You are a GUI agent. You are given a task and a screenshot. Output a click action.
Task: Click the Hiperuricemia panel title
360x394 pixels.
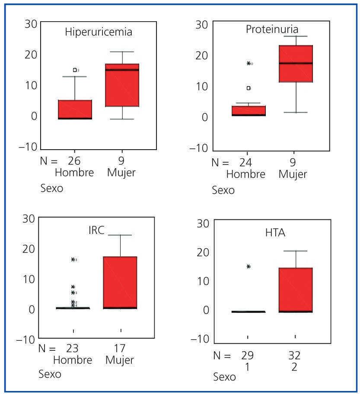(x=99, y=32)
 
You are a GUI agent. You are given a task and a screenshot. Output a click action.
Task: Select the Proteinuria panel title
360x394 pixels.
(x=272, y=29)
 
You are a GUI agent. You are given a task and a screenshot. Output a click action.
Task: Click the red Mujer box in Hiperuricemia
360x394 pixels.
(x=122, y=85)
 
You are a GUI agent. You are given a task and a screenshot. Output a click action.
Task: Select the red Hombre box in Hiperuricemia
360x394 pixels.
(x=75, y=109)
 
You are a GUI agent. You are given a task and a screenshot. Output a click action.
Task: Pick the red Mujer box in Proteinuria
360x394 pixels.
(x=296, y=64)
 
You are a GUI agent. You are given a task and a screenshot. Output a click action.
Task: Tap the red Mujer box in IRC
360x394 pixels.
(x=120, y=282)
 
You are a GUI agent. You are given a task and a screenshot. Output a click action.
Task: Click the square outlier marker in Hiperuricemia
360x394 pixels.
(x=75, y=70)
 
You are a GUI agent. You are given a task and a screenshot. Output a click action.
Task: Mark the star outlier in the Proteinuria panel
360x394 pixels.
(x=248, y=64)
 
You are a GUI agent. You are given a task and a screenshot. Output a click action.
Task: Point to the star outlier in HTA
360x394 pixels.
(x=248, y=266)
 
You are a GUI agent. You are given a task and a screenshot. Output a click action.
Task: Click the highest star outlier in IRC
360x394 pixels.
(x=73, y=259)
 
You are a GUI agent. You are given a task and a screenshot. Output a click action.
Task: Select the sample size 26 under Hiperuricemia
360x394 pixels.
(x=74, y=161)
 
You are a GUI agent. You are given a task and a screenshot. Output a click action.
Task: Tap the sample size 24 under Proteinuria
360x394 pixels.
(x=245, y=163)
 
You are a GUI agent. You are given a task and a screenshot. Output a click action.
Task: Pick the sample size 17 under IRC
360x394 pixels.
(x=120, y=349)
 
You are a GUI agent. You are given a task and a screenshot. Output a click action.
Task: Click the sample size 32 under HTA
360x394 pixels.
(x=294, y=356)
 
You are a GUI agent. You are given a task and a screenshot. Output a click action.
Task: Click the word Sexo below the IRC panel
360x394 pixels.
(x=50, y=374)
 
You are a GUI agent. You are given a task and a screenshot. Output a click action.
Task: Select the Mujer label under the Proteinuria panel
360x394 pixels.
(x=293, y=174)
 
